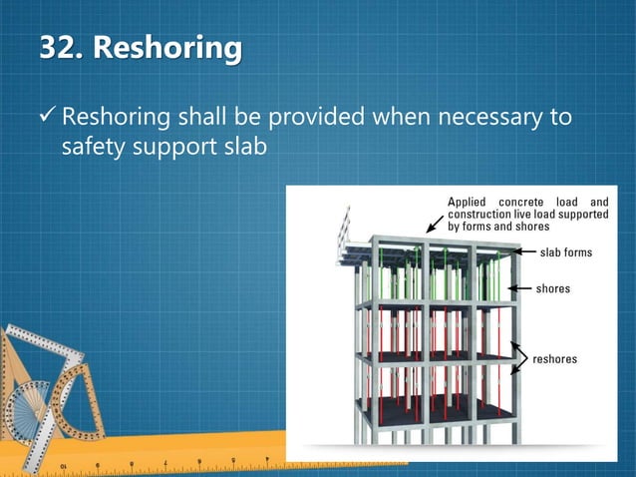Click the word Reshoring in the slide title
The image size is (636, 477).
pos(168,47)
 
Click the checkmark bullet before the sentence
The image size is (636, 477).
pos(48,119)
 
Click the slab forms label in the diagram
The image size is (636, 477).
pos(565,252)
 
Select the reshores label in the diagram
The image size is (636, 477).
pos(555,358)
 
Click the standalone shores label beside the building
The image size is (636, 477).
pos(553,288)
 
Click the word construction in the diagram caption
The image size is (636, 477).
pos(482,215)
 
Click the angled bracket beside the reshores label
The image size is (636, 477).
pos(520,358)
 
